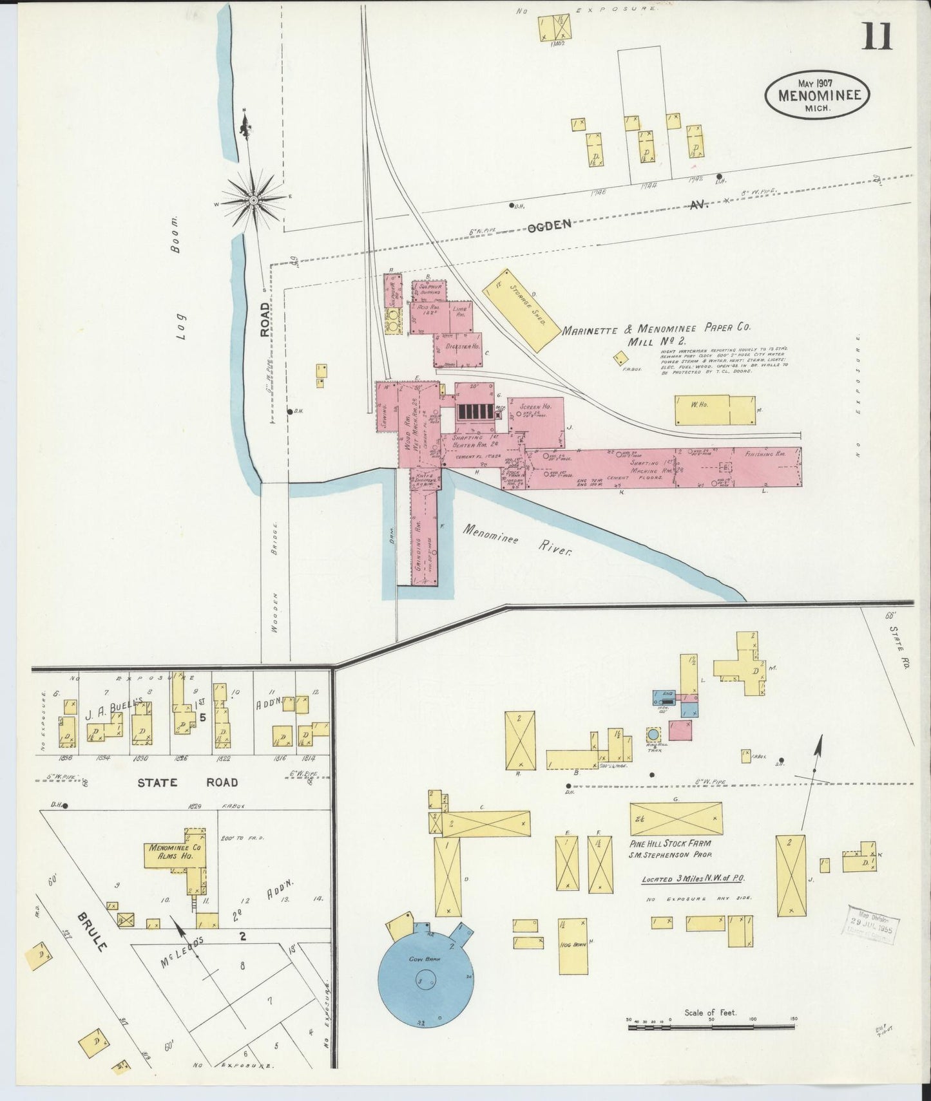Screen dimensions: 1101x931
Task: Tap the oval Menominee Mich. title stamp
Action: pos(817,95)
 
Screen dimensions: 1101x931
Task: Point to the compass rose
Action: pos(254,200)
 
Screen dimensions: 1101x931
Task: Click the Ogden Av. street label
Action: pos(550,224)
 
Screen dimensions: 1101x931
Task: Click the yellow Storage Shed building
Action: pos(521,310)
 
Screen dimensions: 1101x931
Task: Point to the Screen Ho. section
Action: pos(537,422)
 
